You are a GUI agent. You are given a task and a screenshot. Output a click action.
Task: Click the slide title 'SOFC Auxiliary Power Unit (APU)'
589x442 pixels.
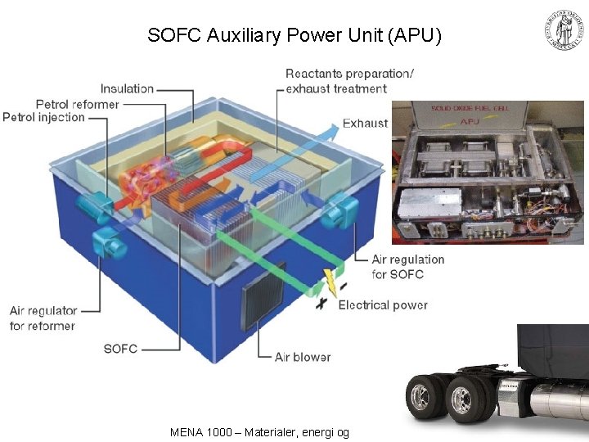point(294,35)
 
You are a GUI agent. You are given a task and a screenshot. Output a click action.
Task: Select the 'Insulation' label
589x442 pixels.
point(127,88)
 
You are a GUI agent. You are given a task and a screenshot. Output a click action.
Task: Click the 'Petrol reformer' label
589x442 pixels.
point(77,104)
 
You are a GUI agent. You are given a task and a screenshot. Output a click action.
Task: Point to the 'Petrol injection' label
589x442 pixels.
point(43,117)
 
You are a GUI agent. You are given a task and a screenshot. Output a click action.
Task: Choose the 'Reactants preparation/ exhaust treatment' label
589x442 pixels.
point(349,80)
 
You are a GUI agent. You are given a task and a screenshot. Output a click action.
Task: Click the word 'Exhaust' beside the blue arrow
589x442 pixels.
point(365,124)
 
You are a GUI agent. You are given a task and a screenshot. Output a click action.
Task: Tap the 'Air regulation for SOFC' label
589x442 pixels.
point(407,267)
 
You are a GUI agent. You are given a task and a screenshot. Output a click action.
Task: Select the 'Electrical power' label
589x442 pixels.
point(383,305)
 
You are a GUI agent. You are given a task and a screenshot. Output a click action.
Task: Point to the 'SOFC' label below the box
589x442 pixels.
point(120,349)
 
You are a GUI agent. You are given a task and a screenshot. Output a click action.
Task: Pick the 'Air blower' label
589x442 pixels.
point(303,357)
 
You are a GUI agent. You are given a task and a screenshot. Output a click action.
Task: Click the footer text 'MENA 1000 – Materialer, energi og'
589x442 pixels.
point(259,431)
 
